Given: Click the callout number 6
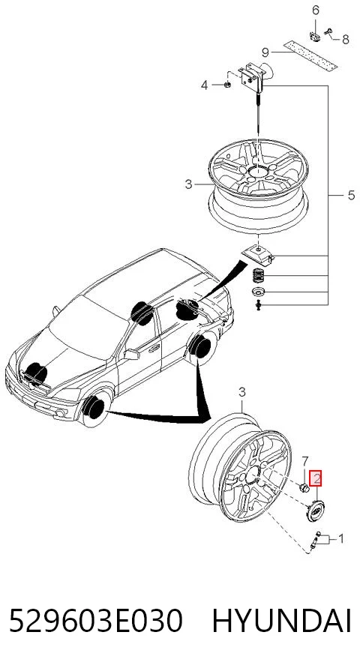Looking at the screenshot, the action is coord(316,10).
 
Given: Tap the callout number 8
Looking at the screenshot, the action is coord(346,40).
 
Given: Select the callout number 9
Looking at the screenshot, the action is coord(265,52).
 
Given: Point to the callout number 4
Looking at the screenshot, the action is coord(205,85).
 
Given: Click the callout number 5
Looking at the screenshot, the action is coord(351,196).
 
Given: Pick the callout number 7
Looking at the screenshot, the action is coord(304,461).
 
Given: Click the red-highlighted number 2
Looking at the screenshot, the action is coord(316,479).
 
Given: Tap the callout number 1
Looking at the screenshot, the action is coord(341,538).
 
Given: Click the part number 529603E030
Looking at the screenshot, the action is coord(96,621).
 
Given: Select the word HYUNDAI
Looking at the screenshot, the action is coord(282,621).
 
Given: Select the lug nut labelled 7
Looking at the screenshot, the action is coord(304,487).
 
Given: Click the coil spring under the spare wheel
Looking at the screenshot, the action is coord(258,274).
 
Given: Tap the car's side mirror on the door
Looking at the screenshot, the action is coord(131,355).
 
